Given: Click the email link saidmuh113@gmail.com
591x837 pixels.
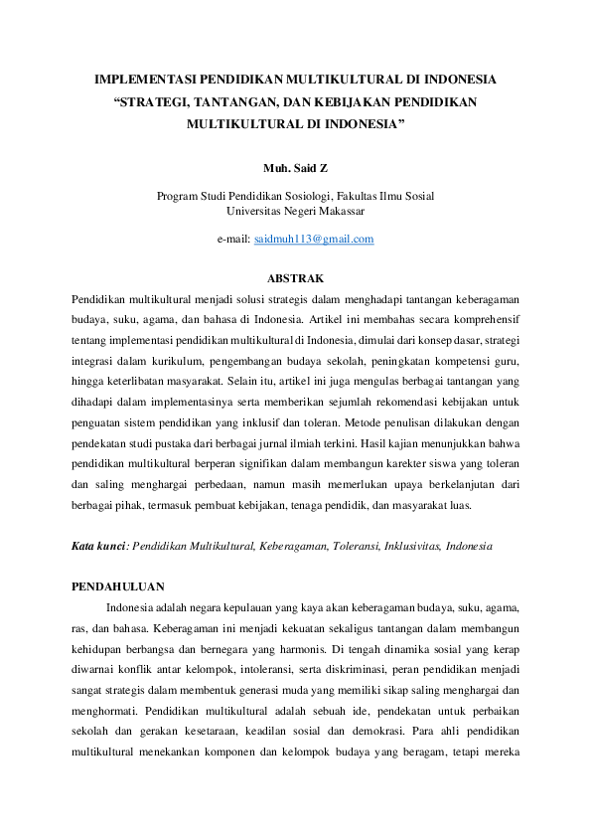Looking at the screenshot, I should [314, 240].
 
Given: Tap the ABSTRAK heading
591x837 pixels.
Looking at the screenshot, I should [295, 277].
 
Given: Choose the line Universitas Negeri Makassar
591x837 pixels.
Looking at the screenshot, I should [295, 211].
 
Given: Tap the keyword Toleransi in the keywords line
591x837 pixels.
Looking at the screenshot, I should [343, 547].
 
